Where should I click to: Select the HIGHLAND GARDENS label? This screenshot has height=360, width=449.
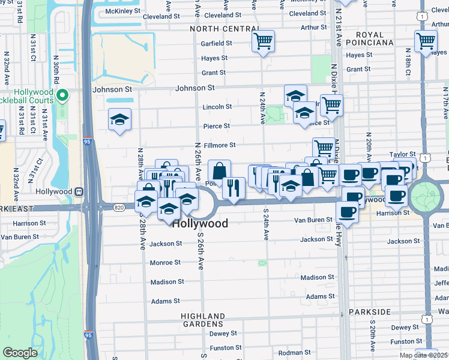point(205,320)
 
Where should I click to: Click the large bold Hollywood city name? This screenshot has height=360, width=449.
point(200,223)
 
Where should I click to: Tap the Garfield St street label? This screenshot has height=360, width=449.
point(217,43)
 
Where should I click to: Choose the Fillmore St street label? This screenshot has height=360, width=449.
point(220,145)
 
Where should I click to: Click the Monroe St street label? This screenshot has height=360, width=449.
point(165,263)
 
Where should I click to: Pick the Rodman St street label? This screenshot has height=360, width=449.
point(294,352)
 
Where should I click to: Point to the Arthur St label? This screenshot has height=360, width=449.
point(314,27)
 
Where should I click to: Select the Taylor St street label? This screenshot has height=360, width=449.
point(402,154)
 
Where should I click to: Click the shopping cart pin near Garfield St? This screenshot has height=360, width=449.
point(263,42)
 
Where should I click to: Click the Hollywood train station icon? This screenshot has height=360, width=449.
point(79,191)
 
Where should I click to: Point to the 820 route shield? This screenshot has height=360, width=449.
point(119,206)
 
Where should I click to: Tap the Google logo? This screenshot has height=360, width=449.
point(20,353)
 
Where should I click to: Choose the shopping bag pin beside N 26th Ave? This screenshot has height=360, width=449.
point(219,170)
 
